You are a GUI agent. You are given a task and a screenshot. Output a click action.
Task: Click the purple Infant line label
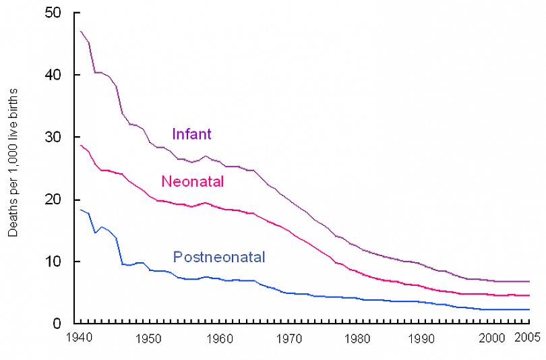(191, 133)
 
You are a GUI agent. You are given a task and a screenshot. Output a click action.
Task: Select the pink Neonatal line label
(192, 181)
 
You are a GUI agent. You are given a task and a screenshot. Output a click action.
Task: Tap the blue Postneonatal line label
(219, 256)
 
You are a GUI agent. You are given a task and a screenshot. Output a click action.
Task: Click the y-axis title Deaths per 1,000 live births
(13, 162)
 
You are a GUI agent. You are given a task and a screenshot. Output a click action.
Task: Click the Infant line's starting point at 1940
(81, 31)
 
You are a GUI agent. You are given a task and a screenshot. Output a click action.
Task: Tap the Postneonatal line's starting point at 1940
(81, 210)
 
